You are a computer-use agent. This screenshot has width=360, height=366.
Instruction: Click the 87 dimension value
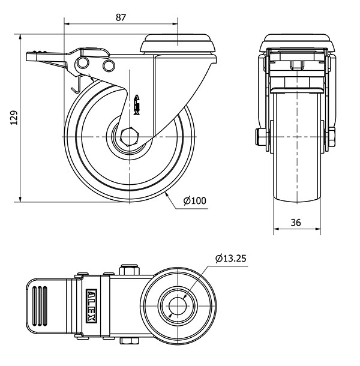pos(121,17)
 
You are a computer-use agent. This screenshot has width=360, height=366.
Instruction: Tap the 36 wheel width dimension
pos(296,222)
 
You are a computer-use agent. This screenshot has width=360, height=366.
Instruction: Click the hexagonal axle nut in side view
pos(131,137)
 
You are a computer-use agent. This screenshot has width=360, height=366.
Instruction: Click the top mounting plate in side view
pos(178,45)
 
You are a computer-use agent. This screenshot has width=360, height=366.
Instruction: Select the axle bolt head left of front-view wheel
pos(260,138)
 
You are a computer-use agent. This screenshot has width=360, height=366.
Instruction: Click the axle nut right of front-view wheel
pos(331,138)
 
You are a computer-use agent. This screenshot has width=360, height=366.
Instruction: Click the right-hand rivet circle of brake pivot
pos(109,65)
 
